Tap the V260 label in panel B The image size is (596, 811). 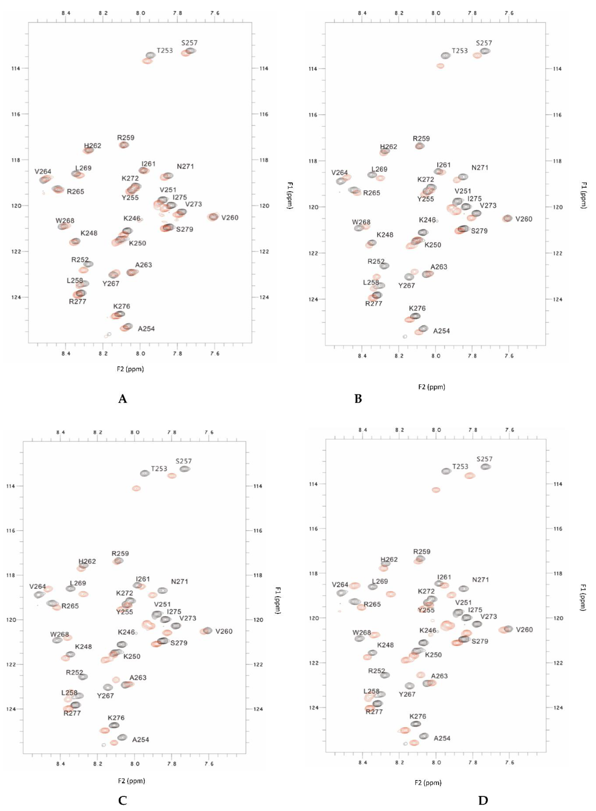click(524, 219)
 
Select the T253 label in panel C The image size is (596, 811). click(159, 469)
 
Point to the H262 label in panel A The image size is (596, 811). click(93, 146)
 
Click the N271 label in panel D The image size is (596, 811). click(481, 580)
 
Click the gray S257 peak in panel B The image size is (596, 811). click(486, 51)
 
